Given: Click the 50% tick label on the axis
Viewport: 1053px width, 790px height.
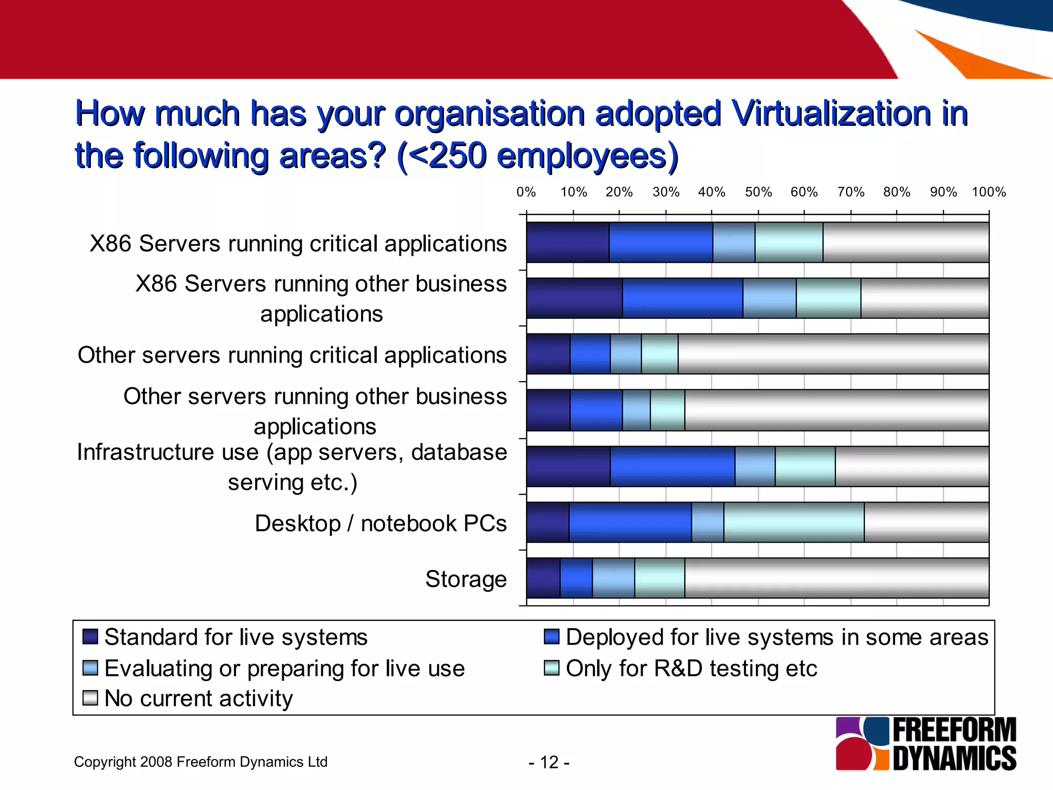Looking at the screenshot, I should pyautogui.click(x=758, y=192).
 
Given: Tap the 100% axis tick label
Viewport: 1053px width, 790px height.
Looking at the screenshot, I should pyautogui.click(x=988, y=192).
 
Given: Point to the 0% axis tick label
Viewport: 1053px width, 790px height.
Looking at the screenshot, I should pyautogui.click(x=526, y=192).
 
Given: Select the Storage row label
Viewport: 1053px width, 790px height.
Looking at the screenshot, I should pyautogui.click(x=466, y=579).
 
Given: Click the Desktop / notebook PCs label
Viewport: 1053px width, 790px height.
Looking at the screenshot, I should pyautogui.click(x=380, y=524).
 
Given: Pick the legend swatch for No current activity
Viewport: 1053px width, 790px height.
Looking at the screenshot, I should pyautogui.click(x=90, y=698).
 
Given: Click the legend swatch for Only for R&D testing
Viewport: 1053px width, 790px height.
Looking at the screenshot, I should pyautogui.click(x=551, y=668).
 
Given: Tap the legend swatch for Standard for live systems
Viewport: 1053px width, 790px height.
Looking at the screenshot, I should pyautogui.click(x=90, y=637).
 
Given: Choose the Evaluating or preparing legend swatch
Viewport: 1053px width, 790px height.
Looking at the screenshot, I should pyautogui.click(x=90, y=668).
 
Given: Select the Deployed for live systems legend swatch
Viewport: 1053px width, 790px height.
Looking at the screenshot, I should pyautogui.click(x=551, y=637).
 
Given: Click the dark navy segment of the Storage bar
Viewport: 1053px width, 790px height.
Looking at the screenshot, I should pyautogui.click(x=543, y=578).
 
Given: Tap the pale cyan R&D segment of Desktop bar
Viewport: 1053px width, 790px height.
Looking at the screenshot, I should pyautogui.click(x=793, y=522).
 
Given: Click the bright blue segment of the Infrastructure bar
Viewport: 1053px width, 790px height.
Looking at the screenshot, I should pyautogui.click(x=672, y=466).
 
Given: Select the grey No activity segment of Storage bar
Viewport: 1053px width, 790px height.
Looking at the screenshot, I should pyautogui.click(x=836, y=578).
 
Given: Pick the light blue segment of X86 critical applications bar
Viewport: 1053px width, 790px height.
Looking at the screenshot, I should pyautogui.click(x=733, y=242).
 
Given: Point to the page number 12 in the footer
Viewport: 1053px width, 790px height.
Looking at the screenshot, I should pyautogui.click(x=549, y=762).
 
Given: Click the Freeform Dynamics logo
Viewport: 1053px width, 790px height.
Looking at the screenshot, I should pyautogui.click(x=925, y=744).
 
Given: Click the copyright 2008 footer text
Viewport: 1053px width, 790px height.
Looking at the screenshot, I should pyautogui.click(x=201, y=762).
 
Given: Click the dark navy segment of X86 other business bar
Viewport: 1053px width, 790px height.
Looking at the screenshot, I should pyautogui.click(x=574, y=298).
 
